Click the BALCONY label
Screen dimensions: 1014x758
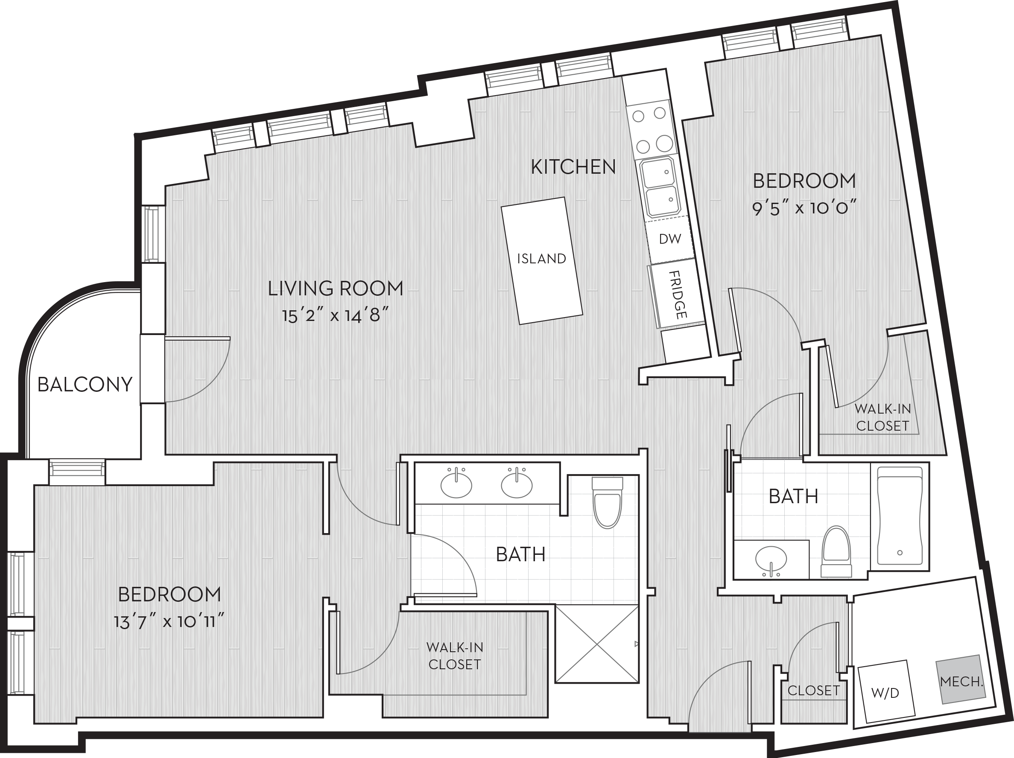pos(85,385)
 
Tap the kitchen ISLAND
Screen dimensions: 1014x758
pos(542,260)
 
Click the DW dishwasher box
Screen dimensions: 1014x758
pos(669,240)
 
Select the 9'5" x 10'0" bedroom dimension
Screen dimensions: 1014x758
pos(804,209)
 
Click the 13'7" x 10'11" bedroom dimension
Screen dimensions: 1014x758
pos(169,622)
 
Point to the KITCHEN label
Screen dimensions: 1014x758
pos(573,167)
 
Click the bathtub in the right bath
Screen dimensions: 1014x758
pos(900,516)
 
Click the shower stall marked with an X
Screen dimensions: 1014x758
pos(597,644)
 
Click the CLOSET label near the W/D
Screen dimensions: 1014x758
pos(814,691)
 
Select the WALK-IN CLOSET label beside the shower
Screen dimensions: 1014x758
pos(455,656)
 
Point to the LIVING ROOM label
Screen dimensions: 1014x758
pos(336,288)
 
